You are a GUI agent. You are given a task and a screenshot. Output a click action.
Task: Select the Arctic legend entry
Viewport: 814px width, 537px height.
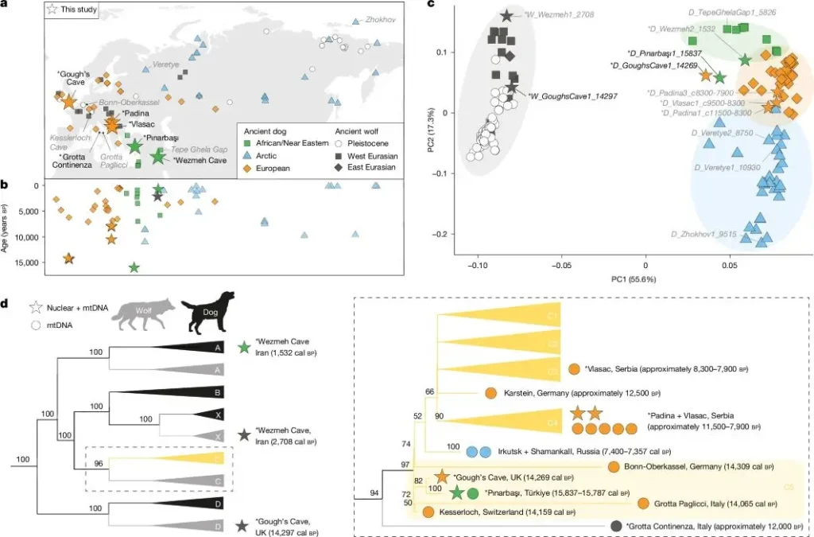(276, 155)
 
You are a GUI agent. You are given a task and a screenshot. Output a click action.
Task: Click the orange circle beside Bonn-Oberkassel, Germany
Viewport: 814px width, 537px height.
(613, 467)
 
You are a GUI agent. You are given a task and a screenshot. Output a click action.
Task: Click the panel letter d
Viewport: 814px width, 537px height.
(6, 302)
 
